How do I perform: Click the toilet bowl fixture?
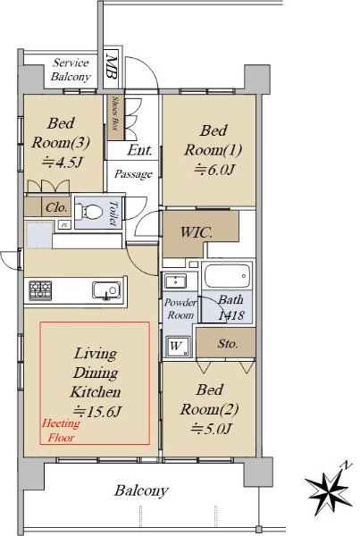[x=88, y=212]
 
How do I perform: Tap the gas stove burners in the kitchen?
[x=40, y=290]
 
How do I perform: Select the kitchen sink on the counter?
[x=106, y=290]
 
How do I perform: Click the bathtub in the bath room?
[x=228, y=276]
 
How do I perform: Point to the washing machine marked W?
[x=178, y=346]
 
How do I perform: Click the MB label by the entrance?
[x=112, y=66]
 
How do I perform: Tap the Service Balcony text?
[x=71, y=70]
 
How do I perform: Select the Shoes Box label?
[x=115, y=113]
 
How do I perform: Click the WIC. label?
[x=197, y=233]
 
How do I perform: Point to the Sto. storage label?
[x=228, y=343]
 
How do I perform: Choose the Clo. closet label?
[x=56, y=207]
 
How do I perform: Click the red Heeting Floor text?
[x=61, y=431]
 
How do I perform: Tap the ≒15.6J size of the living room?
[x=98, y=411]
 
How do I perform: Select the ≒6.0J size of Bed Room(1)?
[x=214, y=169]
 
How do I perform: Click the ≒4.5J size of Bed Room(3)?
[x=62, y=162]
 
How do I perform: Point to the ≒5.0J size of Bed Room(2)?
[x=212, y=428]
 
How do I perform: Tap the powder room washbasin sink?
[x=175, y=281]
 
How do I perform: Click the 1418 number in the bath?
[x=231, y=315]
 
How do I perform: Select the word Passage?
[x=133, y=174]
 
